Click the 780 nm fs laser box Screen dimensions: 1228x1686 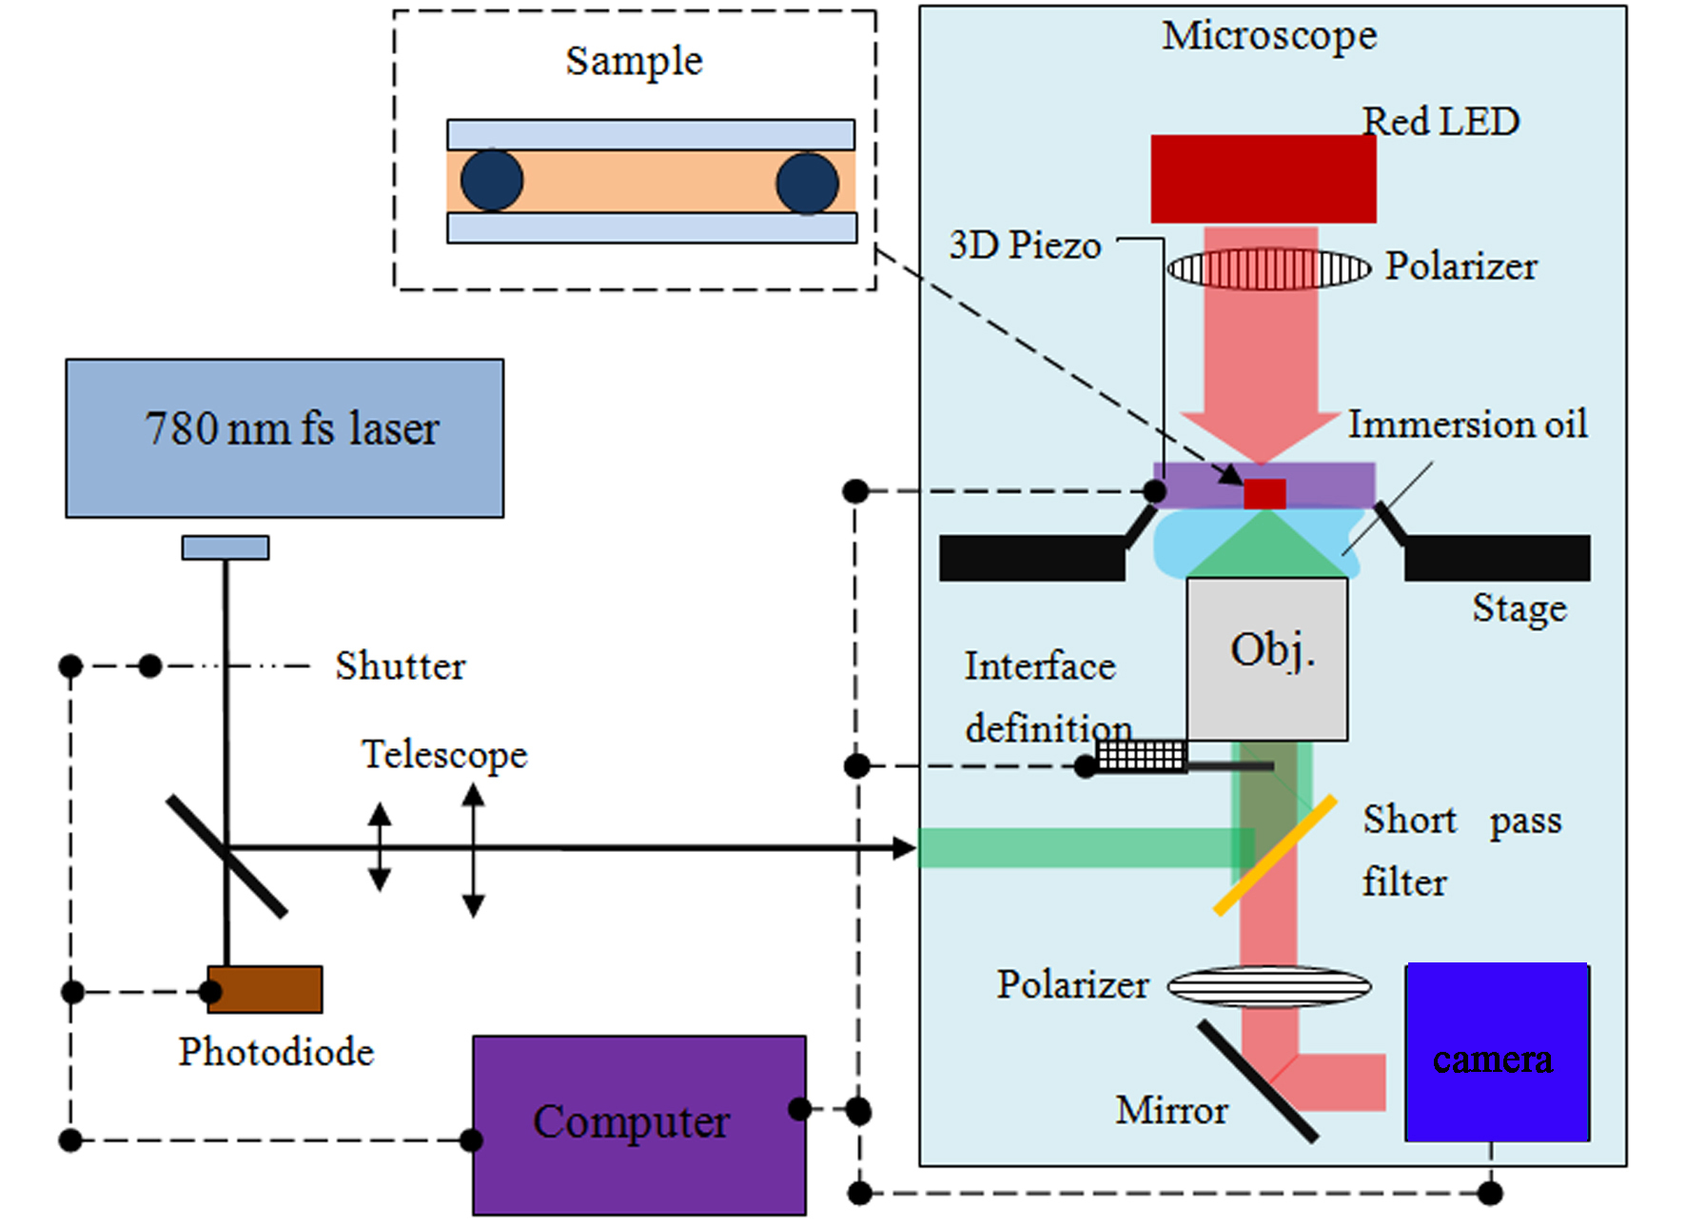pyautogui.click(x=284, y=438)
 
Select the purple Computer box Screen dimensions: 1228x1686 pyautogui.click(x=638, y=1124)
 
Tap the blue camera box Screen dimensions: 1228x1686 pyautogui.click(x=1497, y=1052)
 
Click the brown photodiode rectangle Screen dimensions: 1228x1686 pyautogui.click(x=265, y=989)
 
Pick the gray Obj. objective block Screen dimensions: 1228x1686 pyautogui.click(x=1266, y=659)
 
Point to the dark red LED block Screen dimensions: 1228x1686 pyautogui.click(x=1263, y=179)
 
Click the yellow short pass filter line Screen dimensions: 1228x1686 pyautogui.click(x=1275, y=856)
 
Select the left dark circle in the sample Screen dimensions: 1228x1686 pyautogui.click(x=492, y=181)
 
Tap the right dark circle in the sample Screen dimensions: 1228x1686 pyautogui.click(x=807, y=183)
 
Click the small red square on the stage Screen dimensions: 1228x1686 pyautogui.click(x=1264, y=494)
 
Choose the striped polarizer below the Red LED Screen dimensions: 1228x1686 pyautogui.click(x=1269, y=268)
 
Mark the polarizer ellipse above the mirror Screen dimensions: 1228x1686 pyautogui.click(x=1269, y=986)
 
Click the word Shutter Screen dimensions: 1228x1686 pyautogui.click(x=400, y=665)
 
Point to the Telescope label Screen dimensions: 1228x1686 pyautogui.click(x=444, y=754)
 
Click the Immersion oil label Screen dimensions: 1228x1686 pyautogui.click(x=1467, y=425)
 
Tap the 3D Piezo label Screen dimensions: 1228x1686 pyautogui.click(x=1025, y=246)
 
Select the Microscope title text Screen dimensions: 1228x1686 pyautogui.click(x=1269, y=36)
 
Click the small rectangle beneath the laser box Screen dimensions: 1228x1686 pyautogui.click(x=225, y=547)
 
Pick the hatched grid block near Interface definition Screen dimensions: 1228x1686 pyautogui.click(x=1140, y=755)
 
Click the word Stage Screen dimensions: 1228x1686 pyautogui.click(x=1519, y=608)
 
